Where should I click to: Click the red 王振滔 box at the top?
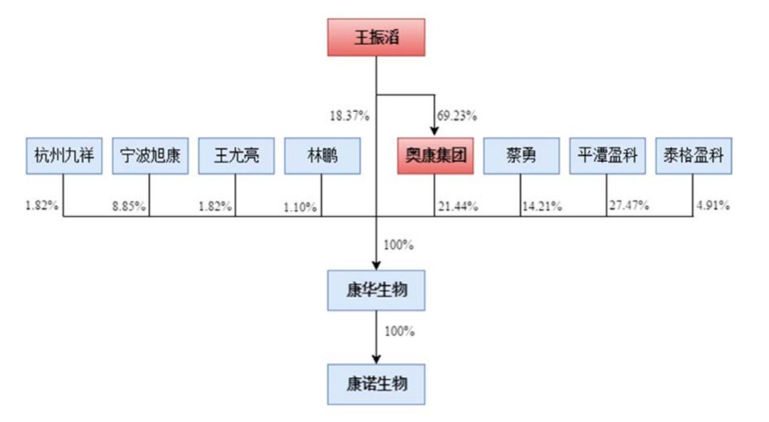(x=376, y=37)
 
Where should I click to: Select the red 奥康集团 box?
(x=436, y=155)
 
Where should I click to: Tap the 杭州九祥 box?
(x=64, y=155)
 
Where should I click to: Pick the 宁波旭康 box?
(x=150, y=155)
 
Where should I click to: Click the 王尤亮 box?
(x=236, y=155)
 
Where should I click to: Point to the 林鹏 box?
(x=323, y=155)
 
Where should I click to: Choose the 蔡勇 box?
(x=521, y=155)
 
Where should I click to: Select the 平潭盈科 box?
(x=607, y=155)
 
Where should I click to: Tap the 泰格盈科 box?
(x=694, y=155)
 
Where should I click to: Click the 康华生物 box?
(x=376, y=290)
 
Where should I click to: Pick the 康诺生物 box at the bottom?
(x=376, y=384)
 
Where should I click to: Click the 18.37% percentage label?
(x=349, y=116)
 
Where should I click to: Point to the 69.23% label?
(x=457, y=116)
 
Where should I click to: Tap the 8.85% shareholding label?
(x=129, y=206)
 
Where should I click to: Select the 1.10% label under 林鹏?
(x=300, y=207)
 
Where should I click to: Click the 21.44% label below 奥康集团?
(x=458, y=206)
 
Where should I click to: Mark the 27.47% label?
(x=629, y=205)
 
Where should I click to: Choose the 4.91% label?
(x=713, y=205)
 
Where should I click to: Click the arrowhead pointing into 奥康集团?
(x=434, y=132)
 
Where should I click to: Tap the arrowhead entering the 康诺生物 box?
(x=376, y=359)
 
